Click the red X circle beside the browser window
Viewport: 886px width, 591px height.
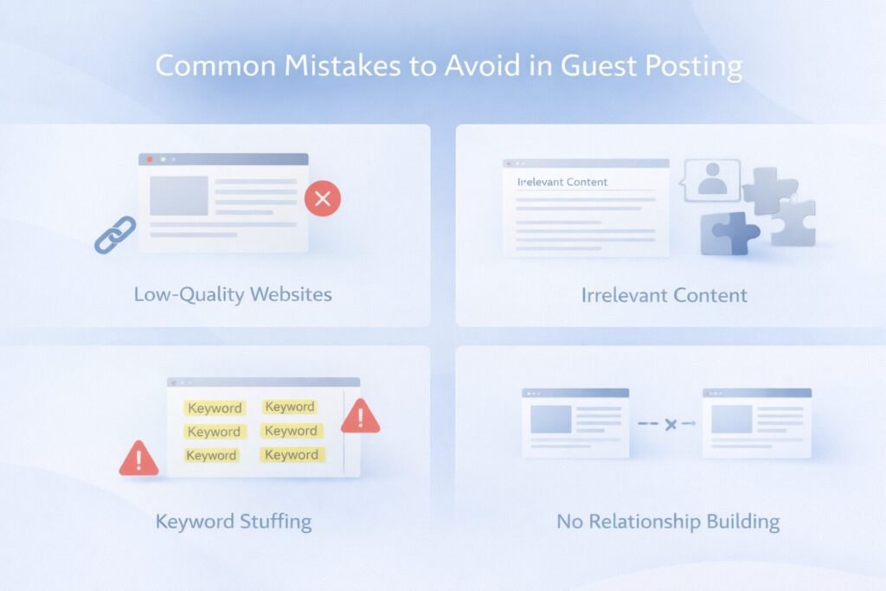tap(323, 200)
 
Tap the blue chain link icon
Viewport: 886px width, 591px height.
tap(114, 234)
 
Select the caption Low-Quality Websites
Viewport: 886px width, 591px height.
tap(233, 294)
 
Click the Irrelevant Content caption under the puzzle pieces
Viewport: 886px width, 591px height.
tap(664, 295)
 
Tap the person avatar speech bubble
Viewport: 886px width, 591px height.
tap(712, 180)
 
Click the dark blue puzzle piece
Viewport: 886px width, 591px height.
tap(729, 233)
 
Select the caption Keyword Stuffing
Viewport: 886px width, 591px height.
tap(234, 522)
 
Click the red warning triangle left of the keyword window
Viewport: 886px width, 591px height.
tap(138, 459)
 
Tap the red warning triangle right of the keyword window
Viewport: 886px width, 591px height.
tap(360, 418)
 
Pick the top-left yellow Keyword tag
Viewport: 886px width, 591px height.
tap(215, 408)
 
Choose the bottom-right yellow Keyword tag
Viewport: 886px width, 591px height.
tap(291, 454)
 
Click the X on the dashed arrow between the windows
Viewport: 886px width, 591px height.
tap(669, 424)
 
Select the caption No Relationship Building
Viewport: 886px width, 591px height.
tap(668, 522)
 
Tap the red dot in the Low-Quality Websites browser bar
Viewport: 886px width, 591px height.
tap(150, 160)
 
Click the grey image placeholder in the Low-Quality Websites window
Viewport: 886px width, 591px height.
tap(179, 196)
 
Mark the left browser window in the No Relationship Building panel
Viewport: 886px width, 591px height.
tap(575, 422)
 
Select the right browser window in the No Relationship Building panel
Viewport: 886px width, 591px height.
tap(757, 422)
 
